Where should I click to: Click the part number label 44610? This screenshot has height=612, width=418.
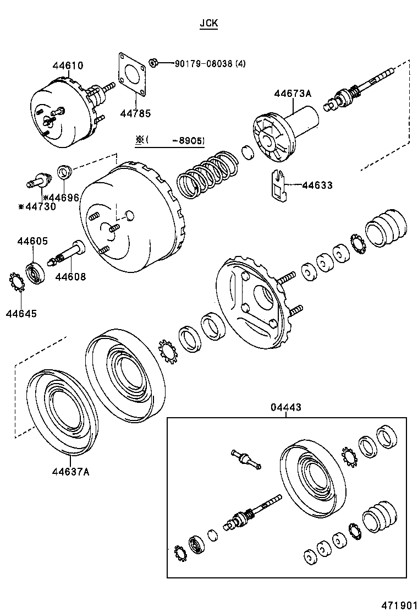coord(68,65)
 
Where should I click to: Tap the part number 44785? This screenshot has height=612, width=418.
coord(135,113)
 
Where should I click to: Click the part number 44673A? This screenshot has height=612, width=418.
coord(293,94)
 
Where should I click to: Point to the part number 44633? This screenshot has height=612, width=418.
coord(317,185)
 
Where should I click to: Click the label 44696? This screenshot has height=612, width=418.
coord(64,198)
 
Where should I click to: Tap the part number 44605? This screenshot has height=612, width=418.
coord(32,241)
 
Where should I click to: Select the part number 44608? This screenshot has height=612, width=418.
coord(70,277)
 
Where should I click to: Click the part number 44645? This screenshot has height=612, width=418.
coord(21,314)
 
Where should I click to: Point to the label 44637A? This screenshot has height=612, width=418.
coord(71,471)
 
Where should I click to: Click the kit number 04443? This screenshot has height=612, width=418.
coord(285,407)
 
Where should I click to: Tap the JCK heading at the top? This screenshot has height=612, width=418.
coord(208,24)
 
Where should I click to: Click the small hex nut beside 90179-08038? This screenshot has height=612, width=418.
coord(155,63)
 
